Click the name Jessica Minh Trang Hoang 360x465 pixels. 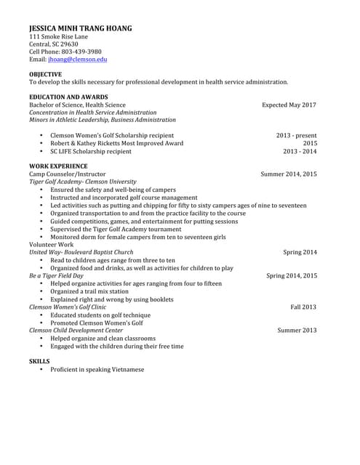80,28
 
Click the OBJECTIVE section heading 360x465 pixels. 45,74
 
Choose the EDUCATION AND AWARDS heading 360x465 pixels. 68,97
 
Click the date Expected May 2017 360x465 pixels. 289,105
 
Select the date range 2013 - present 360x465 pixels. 296,135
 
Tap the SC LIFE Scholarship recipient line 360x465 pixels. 91,152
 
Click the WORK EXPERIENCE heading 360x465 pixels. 60,166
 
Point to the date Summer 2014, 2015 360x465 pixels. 289,174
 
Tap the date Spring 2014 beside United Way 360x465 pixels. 300,252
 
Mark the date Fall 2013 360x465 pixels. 303,307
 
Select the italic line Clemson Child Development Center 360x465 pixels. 76,331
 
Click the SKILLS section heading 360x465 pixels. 39,361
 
